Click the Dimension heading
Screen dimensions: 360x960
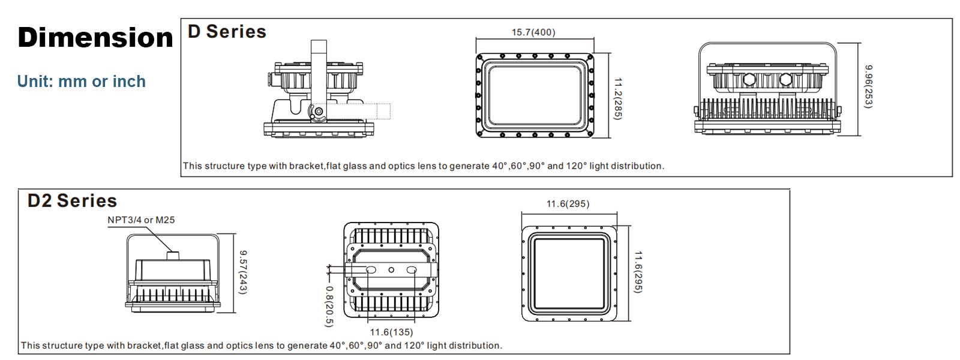point(95,38)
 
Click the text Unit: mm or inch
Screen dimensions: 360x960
point(82,82)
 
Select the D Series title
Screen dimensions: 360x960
point(227,32)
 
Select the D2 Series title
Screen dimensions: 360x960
point(72,201)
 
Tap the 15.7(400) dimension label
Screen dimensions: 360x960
point(533,32)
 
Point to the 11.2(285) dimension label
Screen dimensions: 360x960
point(618,98)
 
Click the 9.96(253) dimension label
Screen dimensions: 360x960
point(868,86)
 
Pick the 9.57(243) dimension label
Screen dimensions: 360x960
point(243,272)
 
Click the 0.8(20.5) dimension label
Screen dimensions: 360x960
point(329,306)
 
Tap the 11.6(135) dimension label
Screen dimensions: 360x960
point(391,332)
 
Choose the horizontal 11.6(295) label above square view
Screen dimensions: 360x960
point(568,204)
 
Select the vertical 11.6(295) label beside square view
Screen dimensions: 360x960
point(638,272)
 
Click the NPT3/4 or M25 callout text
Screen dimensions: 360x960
point(141,220)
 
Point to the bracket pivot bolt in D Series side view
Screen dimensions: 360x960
point(319,112)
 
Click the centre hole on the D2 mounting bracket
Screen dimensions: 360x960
point(391,270)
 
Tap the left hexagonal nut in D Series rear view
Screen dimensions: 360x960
point(749,79)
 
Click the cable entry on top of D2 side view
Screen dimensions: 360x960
point(173,256)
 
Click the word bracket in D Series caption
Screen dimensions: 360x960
point(306,166)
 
